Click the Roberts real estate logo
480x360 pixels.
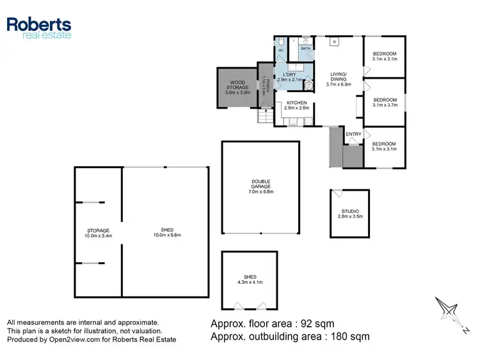pos(38,28)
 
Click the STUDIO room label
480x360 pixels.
pos(349,214)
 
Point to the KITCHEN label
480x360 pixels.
pos(296,105)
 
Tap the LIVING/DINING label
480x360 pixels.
pos(339,79)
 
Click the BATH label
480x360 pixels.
pos(306,49)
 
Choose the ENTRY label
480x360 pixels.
pos(354,134)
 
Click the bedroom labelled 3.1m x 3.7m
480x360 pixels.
pos(385,102)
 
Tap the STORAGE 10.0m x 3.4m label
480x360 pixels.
pos(99,233)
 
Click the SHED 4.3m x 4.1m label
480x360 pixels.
pos(249,279)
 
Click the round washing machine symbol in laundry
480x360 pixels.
pos(309,84)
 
